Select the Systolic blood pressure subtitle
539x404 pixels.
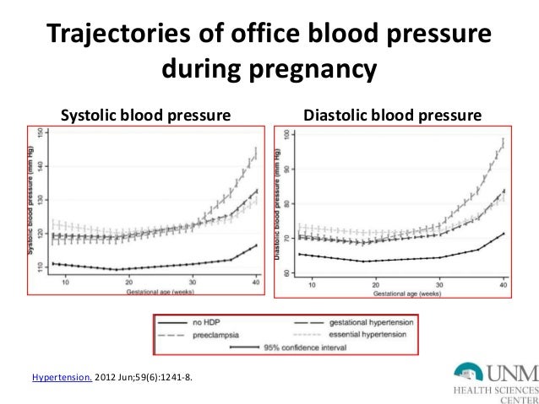pyautogui.click(x=144, y=114)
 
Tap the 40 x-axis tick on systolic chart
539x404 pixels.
pyautogui.click(x=254, y=283)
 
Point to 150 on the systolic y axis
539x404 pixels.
pyautogui.click(x=41, y=132)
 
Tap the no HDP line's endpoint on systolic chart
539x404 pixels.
pyautogui.click(x=256, y=245)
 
